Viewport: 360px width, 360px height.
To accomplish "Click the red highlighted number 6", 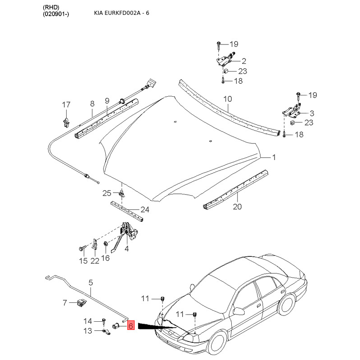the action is point(130,325).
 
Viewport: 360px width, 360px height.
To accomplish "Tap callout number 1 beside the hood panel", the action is point(274,157).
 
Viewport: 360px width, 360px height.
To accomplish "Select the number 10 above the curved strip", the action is point(228,99).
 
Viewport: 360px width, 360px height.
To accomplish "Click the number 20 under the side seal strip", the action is point(237,207).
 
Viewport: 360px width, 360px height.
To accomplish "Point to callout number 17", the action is point(66,105).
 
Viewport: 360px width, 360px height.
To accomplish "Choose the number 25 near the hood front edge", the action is point(107,193).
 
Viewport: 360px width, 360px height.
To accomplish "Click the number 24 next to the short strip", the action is point(145,209).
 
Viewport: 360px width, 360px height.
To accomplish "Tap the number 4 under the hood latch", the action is point(127,248).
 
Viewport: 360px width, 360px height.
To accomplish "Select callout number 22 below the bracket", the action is point(94,261).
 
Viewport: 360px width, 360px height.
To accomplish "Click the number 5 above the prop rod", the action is point(91,283).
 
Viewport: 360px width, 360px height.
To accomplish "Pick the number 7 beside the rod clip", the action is point(65,302).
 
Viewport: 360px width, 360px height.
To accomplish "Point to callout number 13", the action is point(88,331).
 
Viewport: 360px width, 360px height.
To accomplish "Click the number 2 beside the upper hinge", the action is point(244,61).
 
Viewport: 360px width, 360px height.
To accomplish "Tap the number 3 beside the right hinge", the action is point(312,113).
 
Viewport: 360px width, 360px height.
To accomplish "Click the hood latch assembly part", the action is point(130,231).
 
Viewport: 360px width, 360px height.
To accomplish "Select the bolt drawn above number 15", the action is point(82,248).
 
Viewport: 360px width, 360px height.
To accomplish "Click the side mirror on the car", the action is point(238,311).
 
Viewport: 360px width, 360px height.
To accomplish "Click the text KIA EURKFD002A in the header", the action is point(115,13).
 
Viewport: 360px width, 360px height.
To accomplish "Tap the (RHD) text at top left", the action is point(51,7).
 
